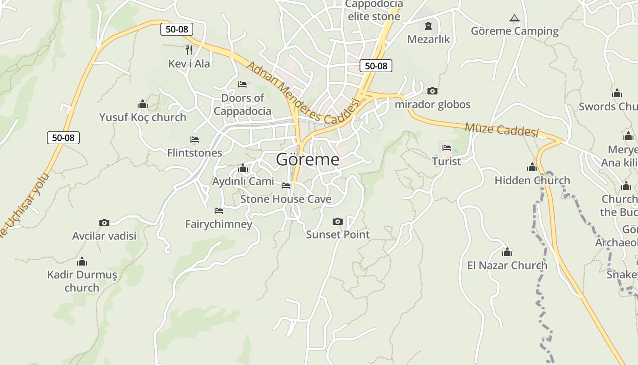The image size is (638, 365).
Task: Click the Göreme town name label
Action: tap(308, 160)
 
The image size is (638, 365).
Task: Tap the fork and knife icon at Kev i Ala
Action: tap(189, 50)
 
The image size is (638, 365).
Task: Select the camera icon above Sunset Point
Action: tap(337, 222)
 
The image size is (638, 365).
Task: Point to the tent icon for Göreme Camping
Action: tap(515, 18)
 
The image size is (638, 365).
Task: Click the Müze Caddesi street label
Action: tap(501, 130)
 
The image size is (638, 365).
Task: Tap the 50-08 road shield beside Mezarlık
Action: tap(376, 66)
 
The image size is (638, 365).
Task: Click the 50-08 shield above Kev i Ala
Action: tap(177, 29)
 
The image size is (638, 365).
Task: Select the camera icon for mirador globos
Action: tap(432, 91)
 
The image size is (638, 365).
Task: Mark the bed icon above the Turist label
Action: tap(447, 148)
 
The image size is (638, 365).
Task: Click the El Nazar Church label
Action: tap(507, 265)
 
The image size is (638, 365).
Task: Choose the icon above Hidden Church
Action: tap(532, 167)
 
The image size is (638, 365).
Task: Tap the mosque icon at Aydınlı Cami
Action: tap(243, 168)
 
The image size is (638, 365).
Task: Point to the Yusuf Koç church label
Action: tap(143, 117)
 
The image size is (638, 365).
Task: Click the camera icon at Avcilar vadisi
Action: tap(104, 223)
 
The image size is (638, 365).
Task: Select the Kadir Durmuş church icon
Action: tap(82, 261)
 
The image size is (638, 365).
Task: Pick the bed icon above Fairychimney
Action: tap(219, 211)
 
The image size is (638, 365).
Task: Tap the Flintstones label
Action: tap(195, 153)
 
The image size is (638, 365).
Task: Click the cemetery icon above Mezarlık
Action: tap(428, 26)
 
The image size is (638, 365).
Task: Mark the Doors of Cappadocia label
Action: tap(242, 104)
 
